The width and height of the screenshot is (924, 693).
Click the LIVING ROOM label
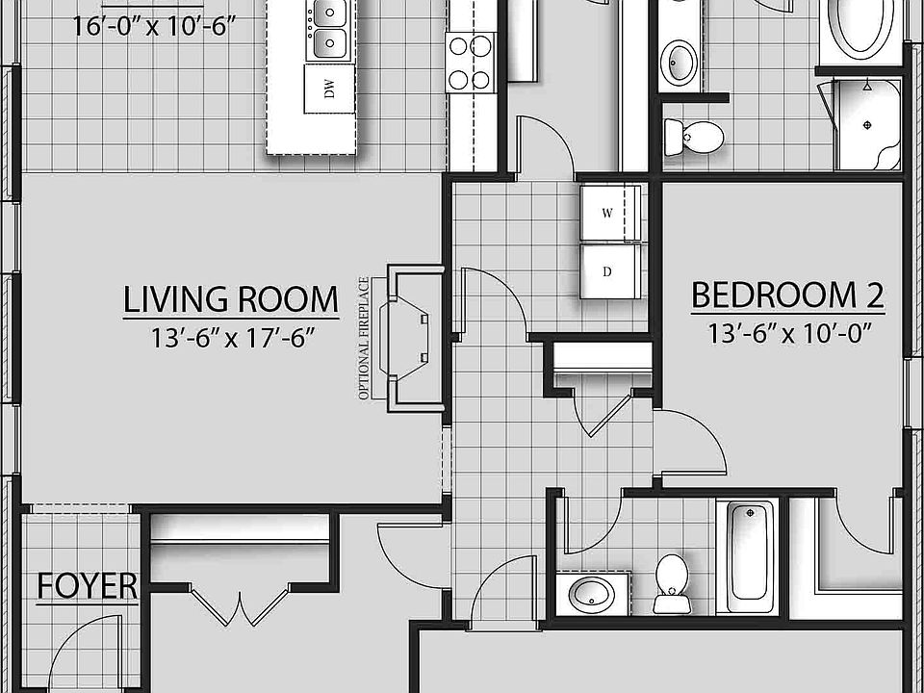point(231,299)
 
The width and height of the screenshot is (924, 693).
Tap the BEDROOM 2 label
point(787,295)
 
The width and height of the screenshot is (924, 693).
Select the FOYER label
point(87,586)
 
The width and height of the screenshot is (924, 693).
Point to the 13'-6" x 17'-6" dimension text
point(231,337)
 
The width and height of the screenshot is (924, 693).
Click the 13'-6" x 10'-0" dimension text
point(787,334)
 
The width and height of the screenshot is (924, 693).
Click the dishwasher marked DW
point(329,90)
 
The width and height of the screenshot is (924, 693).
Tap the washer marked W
point(607,214)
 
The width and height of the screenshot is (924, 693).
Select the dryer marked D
point(607,270)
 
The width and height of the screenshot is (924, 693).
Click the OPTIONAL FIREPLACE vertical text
point(364,338)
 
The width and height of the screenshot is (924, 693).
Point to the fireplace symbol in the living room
point(409,338)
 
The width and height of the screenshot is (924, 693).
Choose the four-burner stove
point(469,62)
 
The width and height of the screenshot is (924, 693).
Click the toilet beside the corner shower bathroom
point(694,137)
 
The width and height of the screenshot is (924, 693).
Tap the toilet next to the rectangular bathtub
point(670,582)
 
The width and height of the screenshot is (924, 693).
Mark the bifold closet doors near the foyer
point(236,604)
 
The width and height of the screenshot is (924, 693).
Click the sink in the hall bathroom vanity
point(588,593)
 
